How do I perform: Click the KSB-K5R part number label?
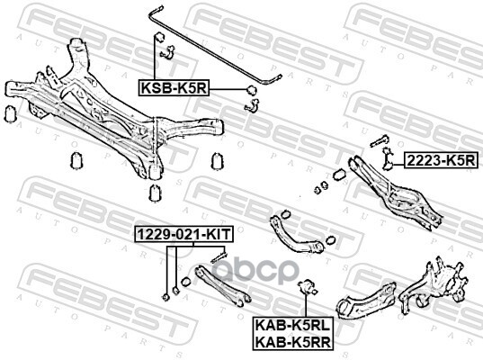pyautogui.click(x=174, y=88)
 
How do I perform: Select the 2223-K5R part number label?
pyautogui.click(x=442, y=160)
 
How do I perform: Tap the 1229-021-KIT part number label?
pyautogui.click(x=183, y=235)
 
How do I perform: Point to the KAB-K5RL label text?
pyautogui.click(x=292, y=325)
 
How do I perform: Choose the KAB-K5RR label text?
pyautogui.click(x=293, y=341)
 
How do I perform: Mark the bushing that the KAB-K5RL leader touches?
pyautogui.click(x=306, y=286)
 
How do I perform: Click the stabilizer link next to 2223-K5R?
pyautogui.click(x=387, y=158)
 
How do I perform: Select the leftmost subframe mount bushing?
pyautogui.click(x=11, y=113)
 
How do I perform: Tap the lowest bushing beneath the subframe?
pyautogui.click(x=155, y=193)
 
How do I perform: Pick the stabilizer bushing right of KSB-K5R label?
pyautogui.click(x=252, y=90)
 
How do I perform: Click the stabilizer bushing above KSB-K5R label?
pyautogui.click(x=159, y=37)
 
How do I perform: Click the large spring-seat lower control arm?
pyautogui.click(x=397, y=193)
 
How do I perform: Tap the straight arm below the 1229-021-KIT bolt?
pyautogui.click(x=223, y=286)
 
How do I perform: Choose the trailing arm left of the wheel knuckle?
pyautogui.click(x=366, y=299)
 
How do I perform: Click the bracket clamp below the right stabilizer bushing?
pyautogui.click(x=252, y=104)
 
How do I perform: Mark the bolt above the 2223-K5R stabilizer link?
pyautogui.click(x=379, y=140)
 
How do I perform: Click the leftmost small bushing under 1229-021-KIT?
pyautogui.click(x=165, y=297)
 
